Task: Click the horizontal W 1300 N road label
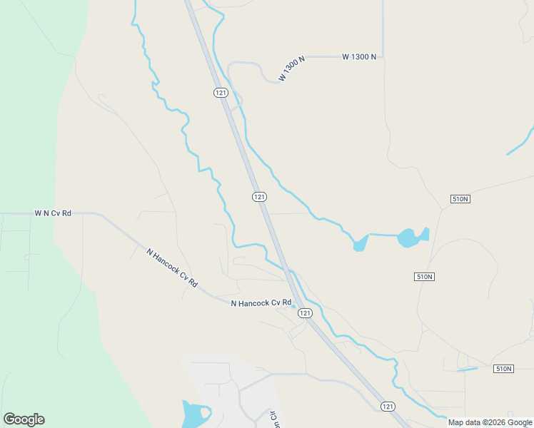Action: pyautogui.click(x=359, y=56)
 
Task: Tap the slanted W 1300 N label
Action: pyautogui.click(x=292, y=68)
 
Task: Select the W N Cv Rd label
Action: pyautogui.click(x=53, y=213)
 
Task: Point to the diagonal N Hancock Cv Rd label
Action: pyautogui.click(x=172, y=267)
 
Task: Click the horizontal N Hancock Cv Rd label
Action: pyautogui.click(x=261, y=303)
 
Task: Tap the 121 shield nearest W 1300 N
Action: pyautogui.click(x=220, y=93)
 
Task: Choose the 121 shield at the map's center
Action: pyautogui.click(x=259, y=196)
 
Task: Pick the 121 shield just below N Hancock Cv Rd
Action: pyautogui.click(x=305, y=313)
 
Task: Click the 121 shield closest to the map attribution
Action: pyautogui.click(x=387, y=406)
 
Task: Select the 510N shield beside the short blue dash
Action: pyautogui.click(x=503, y=369)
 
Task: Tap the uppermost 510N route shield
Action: pyautogui.click(x=460, y=198)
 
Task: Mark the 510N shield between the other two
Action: pyautogui.click(x=424, y=276)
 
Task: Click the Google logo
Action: pyautogui.click(x=24, y=419)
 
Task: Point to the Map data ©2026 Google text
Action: pyautogui.click(x=490, y=422)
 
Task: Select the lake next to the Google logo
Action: pyautogui.click(x=193, y=414)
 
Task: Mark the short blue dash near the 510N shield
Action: pyautogui.click(x=467, y=370)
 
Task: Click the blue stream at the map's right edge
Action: pyautogui.click(x=521, y=142)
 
